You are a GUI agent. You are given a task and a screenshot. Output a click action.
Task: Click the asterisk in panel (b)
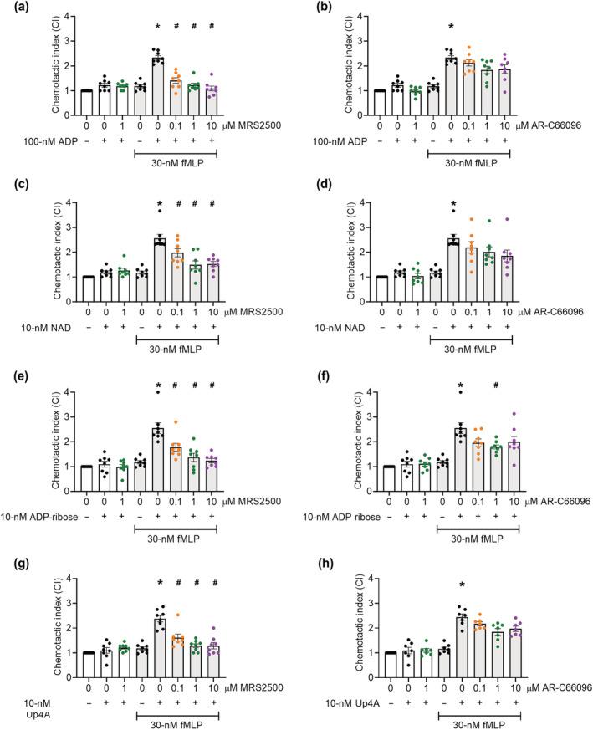[451, 28]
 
